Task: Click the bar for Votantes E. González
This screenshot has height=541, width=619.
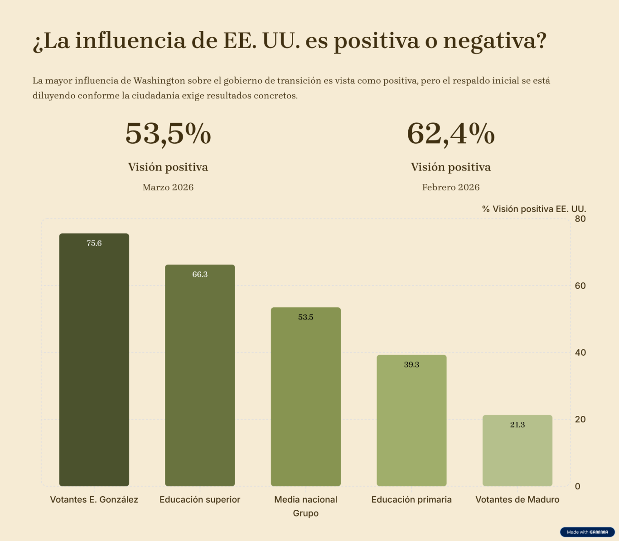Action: coord(94,362)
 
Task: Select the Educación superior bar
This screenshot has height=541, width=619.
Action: coord(200,376)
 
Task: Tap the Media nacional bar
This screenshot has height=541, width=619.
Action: coord(306,399)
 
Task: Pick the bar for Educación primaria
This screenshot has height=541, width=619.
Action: coord(411,421)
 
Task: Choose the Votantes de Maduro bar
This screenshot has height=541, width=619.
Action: coord(517,453)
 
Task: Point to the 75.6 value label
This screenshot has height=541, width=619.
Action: coord(94,243)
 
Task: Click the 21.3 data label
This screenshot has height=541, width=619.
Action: coord(517,425)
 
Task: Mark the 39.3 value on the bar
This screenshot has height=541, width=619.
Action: coord(411,365)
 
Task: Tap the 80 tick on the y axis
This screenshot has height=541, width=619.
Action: coord(580,219)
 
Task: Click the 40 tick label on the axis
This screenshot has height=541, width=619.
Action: coord(580,353)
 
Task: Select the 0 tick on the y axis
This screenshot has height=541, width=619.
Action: coord(577,486)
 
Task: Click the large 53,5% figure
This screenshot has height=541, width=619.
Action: coord(168,134)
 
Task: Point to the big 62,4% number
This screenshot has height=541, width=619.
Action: coord(451,134)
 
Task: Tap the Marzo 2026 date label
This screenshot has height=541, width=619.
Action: coord(168,188)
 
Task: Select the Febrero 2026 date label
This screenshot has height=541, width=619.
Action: coord(451,188)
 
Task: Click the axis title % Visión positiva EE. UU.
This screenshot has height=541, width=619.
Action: coord(534,209)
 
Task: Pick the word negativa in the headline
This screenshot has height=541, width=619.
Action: coord(494,41)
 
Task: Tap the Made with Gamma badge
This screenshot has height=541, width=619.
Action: coord(587,532)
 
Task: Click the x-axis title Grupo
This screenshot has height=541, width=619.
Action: coord(306,513)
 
